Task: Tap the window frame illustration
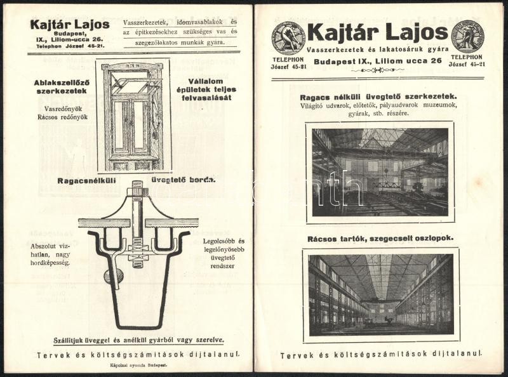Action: [x=133, y=116]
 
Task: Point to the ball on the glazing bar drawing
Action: [x=114, y=275]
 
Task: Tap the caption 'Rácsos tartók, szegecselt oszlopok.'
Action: [x=380, y=239]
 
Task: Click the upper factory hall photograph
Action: [x=380, y=172]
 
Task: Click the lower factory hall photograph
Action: [x=380, y=294]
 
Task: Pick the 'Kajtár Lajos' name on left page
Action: [x=69, y=25]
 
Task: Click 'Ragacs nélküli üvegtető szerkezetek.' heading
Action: [x=380, y=97]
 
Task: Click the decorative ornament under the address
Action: [x=377, y=70]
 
